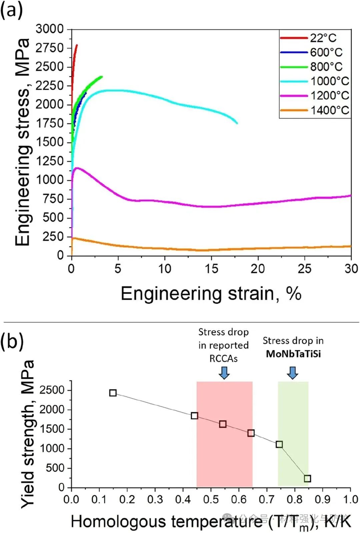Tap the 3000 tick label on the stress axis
pos(50,29)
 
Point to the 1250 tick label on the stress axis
pos(50,161)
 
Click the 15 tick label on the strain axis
pos(211,269)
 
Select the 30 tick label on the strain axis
pos(351,269)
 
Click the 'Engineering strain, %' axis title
pos(211,294)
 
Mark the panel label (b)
pos(12,342)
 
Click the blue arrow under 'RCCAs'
pos(224,373)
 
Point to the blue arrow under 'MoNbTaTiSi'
pos(293,373)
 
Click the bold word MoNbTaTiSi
pos(293,354)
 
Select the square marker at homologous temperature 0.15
pos(113,393)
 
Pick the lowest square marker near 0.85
pos(307,479)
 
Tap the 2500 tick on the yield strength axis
pos(52,390)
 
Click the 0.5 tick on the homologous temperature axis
pos(211,499)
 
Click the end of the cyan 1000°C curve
pos(237,123)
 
